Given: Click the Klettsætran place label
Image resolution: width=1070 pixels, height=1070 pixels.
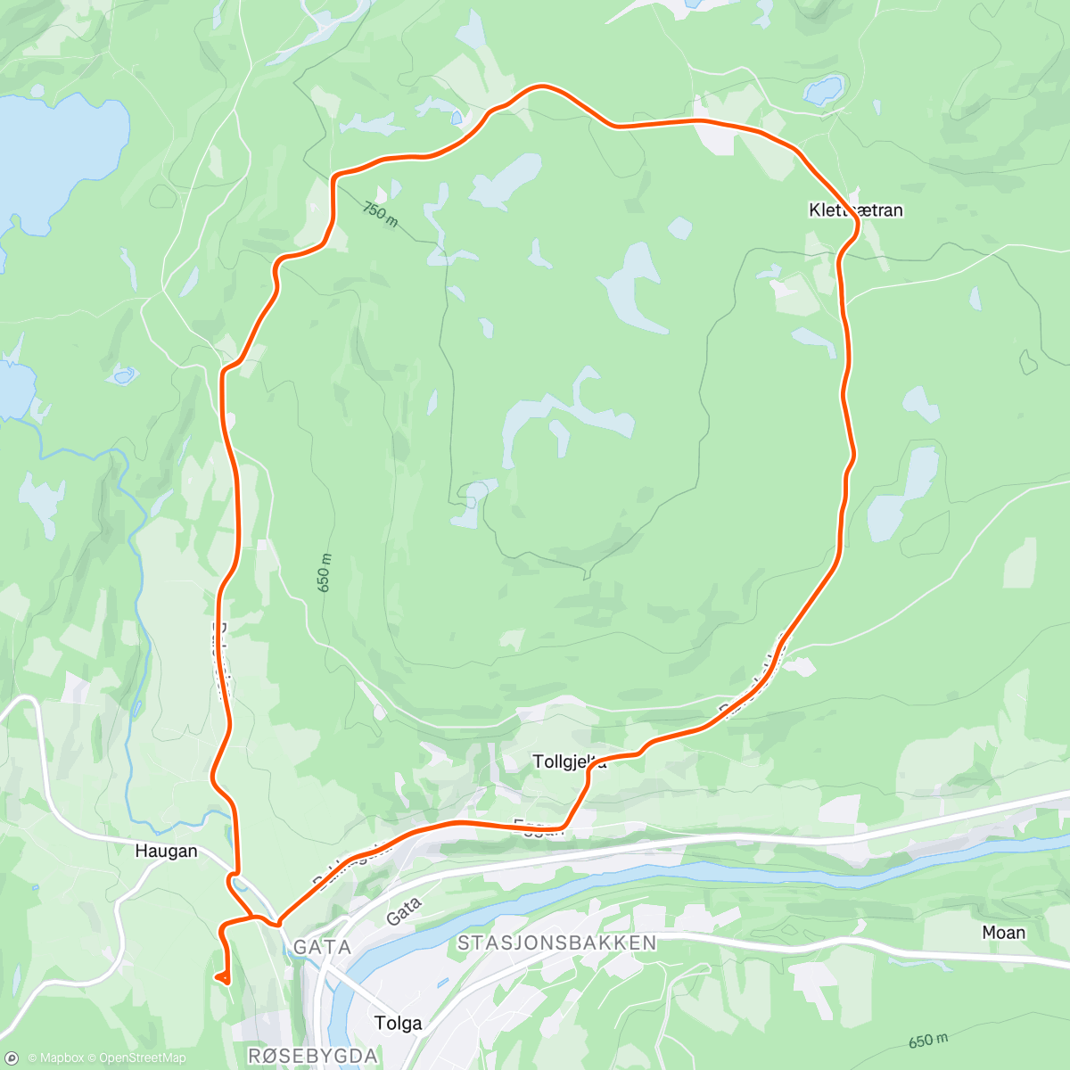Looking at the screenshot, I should tap(856, 210).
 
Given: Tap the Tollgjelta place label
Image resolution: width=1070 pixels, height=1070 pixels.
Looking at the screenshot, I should tap(569, 761).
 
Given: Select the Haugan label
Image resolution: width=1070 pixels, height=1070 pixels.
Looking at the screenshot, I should tap(166, 851).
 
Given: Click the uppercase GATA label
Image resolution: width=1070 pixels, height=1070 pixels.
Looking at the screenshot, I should tap(322, 947).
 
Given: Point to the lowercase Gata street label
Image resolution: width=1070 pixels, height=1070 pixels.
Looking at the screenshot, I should tap(403, 910).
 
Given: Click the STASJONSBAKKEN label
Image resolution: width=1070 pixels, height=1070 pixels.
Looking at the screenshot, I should tap(556, 942).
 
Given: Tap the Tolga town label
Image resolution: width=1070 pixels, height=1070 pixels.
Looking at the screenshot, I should tap(398, 1023).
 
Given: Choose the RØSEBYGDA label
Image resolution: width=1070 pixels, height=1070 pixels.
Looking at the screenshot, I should tap(312, 1056).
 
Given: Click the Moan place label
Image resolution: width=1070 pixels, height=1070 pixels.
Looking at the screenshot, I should tap(1003, 933).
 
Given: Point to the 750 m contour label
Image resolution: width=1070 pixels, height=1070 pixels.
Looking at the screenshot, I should tap(381, 214).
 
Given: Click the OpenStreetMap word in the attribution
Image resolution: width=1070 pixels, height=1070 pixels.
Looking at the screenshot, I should tap(143, 1058).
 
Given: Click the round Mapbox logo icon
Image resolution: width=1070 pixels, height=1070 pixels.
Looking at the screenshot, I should tap(12, 1058).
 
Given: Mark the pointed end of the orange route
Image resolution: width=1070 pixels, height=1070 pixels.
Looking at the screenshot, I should tap(217, 977).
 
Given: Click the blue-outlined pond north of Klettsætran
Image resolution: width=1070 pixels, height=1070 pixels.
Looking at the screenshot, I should tap(822, 90).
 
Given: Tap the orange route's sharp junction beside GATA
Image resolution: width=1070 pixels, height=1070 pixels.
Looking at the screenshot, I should tap(278, 921).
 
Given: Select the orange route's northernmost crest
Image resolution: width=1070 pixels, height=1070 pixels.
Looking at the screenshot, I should tap(540, 86).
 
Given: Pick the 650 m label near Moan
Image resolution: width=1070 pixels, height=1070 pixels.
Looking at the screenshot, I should tap(928, 1041).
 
